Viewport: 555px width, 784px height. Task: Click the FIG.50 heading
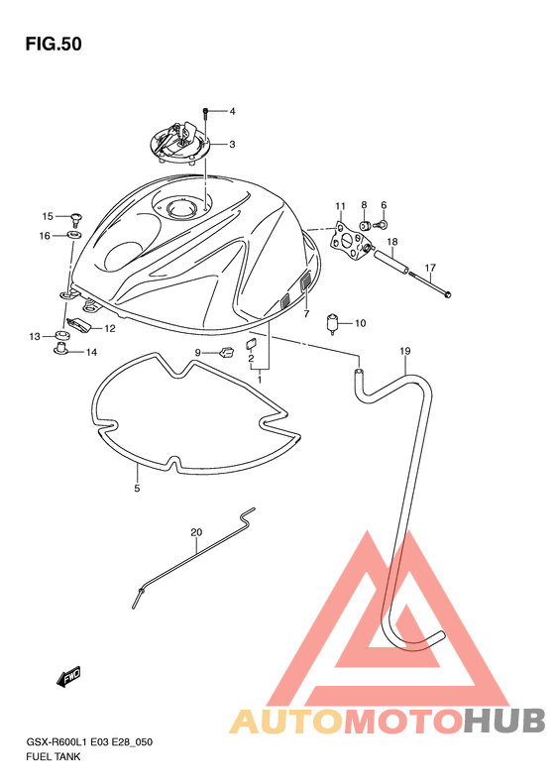(54, 45)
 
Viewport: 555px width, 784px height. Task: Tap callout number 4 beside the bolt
(232, 111)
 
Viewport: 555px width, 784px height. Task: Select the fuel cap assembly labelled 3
(180, 142)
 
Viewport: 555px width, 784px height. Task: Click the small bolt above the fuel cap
(205, 114)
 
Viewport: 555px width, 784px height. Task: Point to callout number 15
(48, 216)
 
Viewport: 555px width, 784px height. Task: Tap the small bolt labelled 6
(381, 225)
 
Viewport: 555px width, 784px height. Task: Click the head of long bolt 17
(448, 294)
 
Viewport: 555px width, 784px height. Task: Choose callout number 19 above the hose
(405, 352)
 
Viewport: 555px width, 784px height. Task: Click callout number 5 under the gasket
(137, 488)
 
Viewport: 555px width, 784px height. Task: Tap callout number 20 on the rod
(196, 532)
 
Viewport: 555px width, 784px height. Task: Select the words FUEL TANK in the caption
(53, 757)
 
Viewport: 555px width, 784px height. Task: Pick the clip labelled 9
(227, 352)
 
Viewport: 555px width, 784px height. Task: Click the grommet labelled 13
(61, 334)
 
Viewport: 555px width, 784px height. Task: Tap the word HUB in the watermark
(504, 722)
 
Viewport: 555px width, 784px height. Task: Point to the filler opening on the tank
(178, 208)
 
